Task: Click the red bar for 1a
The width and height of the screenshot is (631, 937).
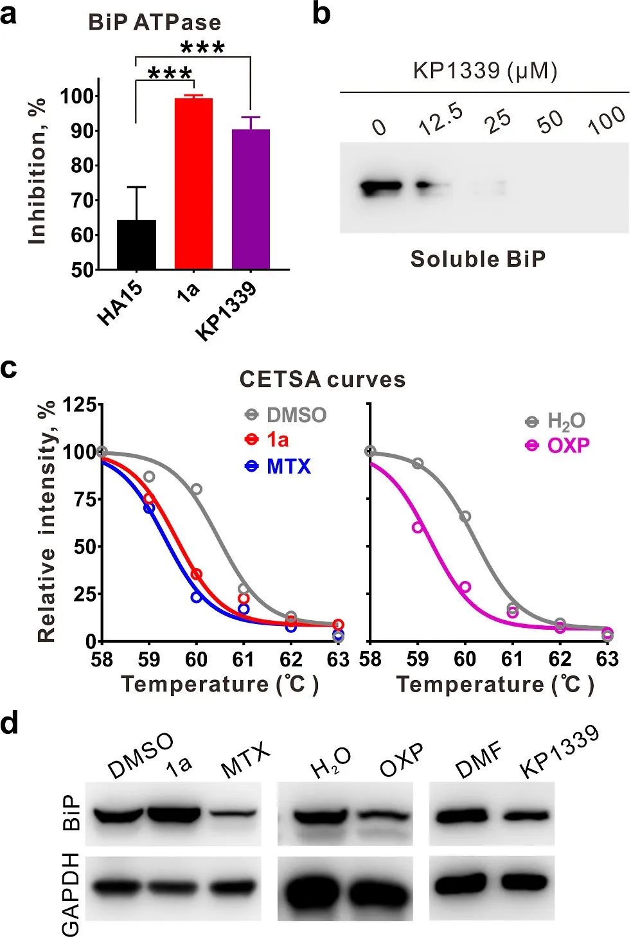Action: [x=193, y=183]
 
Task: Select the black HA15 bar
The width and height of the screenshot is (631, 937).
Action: [x=136, y=244]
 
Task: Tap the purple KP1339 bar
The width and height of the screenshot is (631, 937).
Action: [x=251, y=199]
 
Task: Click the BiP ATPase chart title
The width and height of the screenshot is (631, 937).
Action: [x=155, y=23]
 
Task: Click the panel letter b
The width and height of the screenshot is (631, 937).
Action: [x=321, y=14]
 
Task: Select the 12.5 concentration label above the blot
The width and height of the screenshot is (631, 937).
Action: [x=441, y=120]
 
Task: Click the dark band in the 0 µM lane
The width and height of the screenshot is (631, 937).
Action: [x=381, y=187]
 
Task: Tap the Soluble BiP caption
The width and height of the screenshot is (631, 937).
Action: [x=478, y=259]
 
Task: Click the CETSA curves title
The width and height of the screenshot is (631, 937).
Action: [x=323, y=379]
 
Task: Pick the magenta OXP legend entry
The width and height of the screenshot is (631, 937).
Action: [x=568, y=445]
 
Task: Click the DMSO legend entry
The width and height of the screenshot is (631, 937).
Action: [x=296, y=415]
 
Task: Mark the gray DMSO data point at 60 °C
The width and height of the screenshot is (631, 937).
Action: [x=197, y=489]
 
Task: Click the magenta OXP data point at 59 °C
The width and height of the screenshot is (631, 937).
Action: [x=418, y=527]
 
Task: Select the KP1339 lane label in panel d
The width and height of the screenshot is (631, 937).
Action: [x=560, y=752]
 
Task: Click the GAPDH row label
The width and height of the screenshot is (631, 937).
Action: [x=71, y=893]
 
